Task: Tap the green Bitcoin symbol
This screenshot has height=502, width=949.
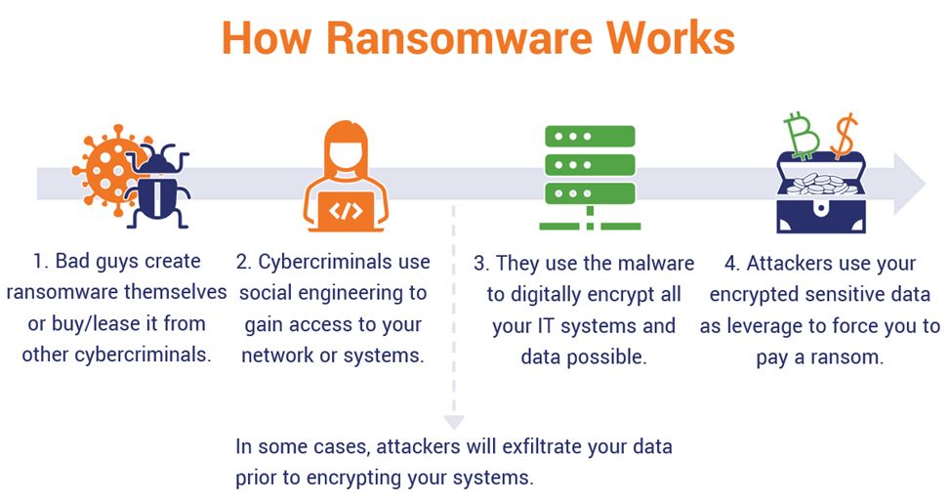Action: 805,136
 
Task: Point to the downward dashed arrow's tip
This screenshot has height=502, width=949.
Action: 453,422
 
